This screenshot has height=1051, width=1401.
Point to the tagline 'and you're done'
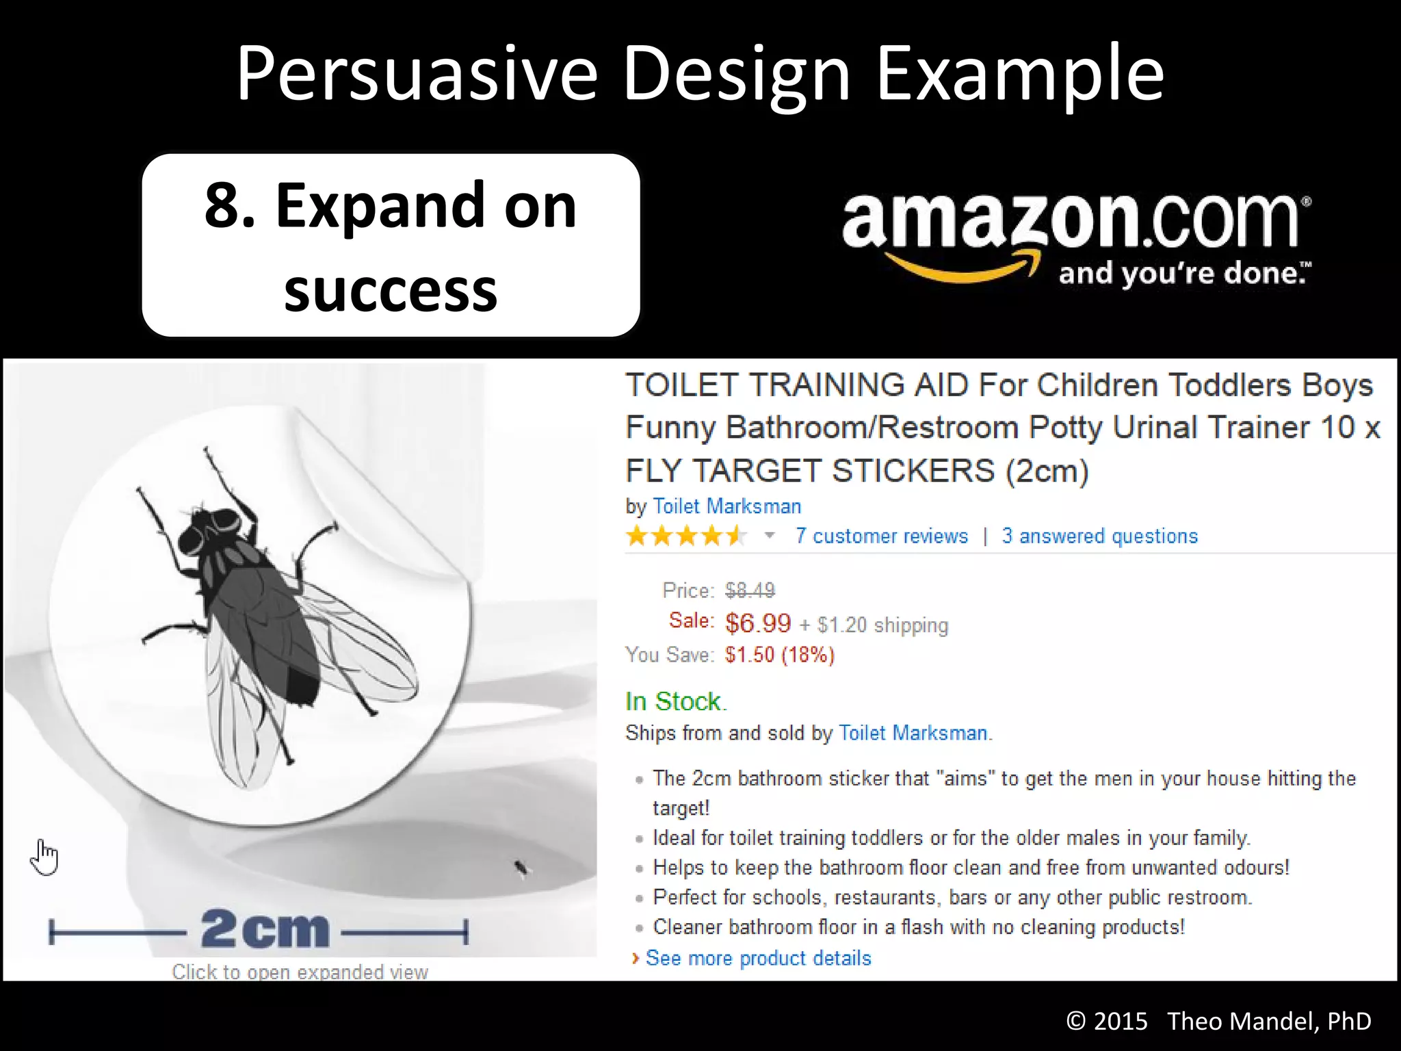point(1183,274)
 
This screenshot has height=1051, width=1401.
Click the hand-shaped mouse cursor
point(44,857)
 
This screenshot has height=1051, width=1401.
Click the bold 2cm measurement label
point(265,930)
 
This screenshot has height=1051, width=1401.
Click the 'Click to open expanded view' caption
point(300,972)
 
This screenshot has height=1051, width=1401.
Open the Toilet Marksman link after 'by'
point(726,506)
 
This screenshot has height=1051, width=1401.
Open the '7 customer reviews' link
point(881,536)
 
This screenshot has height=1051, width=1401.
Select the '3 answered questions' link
point(1099,536)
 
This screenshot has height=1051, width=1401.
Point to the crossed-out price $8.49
point(750,590)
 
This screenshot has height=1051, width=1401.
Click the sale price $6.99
point(758,623)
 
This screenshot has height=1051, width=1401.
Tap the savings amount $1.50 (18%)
point(780,655)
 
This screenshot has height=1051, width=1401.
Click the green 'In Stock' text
point(675,701)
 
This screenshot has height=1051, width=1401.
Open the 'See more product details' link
point(758,958)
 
